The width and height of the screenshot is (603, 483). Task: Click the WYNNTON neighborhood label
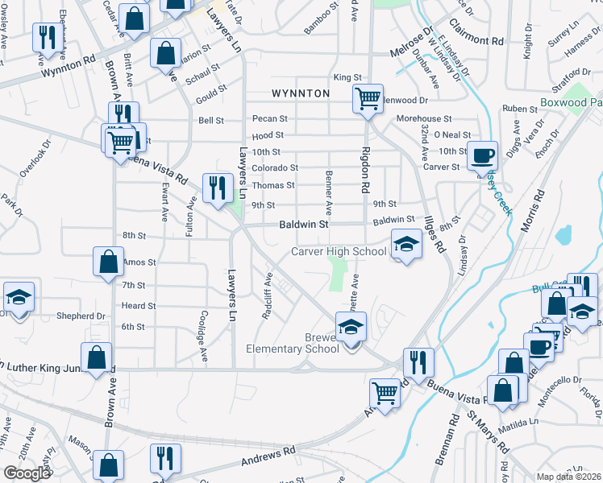point(301,93)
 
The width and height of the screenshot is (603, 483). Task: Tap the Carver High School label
point(339,252)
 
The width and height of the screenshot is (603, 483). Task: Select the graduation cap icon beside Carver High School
point(406,245)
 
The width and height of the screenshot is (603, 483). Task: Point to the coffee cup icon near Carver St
point(483,155)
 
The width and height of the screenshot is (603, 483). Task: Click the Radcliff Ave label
point(267,295)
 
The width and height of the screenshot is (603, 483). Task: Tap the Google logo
point(27,473)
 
